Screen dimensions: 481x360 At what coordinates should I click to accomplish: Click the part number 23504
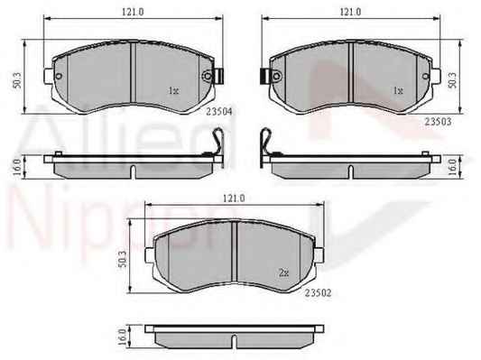(219, 112)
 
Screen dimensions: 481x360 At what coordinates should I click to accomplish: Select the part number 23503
(438, 122)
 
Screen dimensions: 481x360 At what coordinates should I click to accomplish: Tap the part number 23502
(319, 293)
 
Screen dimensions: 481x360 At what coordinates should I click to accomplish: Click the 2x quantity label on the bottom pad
(284, 272)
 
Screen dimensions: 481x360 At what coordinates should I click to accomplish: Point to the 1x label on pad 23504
(173, 91)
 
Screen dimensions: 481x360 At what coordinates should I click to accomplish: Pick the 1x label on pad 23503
(398, 91)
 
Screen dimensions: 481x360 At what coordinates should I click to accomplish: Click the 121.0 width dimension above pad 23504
(133, 12)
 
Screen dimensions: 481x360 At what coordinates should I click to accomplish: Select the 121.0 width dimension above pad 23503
(350, 12)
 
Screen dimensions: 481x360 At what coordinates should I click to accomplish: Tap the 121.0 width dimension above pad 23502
(234, 198)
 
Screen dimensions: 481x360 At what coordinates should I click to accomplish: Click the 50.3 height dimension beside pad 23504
(17, 80)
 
